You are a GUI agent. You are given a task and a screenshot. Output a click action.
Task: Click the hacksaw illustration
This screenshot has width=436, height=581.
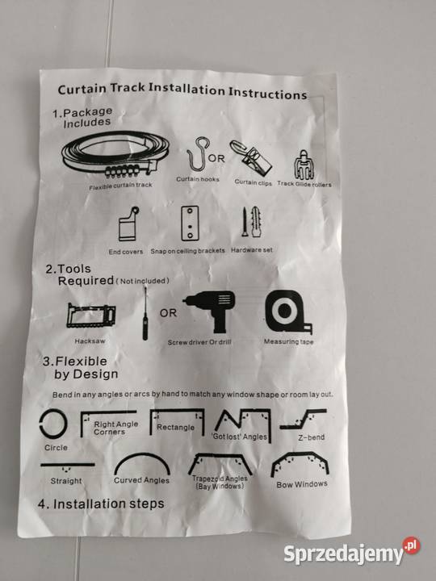(x=90, y=316)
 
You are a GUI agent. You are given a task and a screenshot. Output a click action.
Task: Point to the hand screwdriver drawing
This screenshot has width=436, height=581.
(x=145, y=314)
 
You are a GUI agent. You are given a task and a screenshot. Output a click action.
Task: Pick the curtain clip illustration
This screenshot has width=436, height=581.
(x=250, y=158)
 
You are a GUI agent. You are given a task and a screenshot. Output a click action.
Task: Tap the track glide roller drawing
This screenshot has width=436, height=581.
(x=304, y=165)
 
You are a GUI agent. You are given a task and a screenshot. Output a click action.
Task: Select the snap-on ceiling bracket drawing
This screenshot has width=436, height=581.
(x=190, y=224)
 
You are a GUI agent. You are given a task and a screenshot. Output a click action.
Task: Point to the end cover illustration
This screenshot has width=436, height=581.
(x=128, y=225)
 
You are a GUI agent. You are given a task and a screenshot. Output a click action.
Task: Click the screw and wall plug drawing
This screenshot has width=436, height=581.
(x=252, y=222)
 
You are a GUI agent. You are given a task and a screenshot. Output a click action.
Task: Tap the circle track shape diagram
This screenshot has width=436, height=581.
(x=53, y=424)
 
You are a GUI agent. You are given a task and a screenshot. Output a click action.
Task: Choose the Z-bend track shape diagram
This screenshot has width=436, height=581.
(x=304, y=419)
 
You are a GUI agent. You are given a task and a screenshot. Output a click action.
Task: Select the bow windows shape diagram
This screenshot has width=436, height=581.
(x=300, y=458)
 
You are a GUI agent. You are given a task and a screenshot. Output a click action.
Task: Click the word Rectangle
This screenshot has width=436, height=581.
(x=175, y=427)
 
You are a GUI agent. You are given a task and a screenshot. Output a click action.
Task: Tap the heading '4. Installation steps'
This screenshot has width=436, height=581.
(x=101, y=504)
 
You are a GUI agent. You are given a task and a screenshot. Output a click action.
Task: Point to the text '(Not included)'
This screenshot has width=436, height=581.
(x=143, y=281)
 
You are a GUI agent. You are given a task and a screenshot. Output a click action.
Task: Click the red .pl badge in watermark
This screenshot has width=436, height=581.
(x=412, y=545)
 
